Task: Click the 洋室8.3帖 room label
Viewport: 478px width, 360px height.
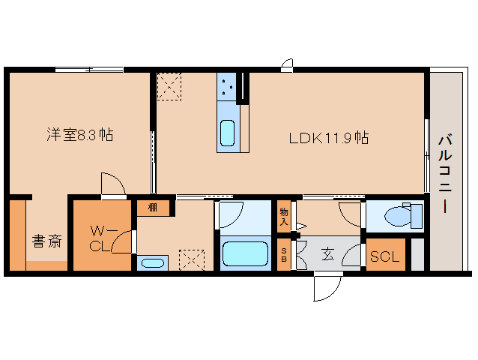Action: (80, 134)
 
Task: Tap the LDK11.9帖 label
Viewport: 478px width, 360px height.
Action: (329, 138)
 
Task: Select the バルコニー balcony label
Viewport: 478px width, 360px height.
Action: (445, 172)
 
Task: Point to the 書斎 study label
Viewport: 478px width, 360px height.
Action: (47, 241)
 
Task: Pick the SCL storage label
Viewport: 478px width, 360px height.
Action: (384, 256)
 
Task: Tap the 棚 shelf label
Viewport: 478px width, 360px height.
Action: (152, 208)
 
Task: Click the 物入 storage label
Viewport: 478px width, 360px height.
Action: (284, 216)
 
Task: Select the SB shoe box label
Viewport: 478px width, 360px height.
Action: (284, 255)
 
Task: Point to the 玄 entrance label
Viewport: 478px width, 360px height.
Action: (328, 253)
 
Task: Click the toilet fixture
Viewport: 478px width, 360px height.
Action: (403, 214)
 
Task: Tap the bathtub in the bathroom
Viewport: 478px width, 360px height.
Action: (245, 253)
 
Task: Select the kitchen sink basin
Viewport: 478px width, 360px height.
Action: (228, 133)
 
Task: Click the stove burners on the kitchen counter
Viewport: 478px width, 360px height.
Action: (227, 87)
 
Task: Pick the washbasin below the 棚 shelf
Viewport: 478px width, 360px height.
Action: (152, 263)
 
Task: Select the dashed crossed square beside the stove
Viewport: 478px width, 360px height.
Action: (169, 87)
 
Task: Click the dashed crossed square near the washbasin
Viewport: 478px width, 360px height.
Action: (192, 260)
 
